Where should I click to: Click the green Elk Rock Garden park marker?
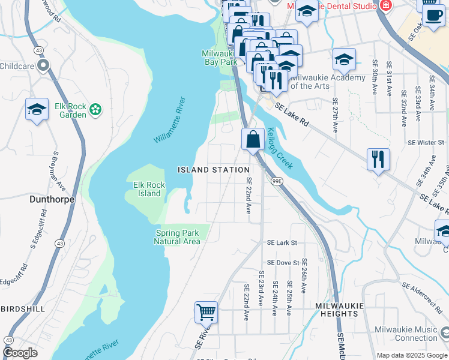[95, 109]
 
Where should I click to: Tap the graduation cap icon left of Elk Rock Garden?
[37, 110]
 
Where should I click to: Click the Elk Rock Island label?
[147, 189]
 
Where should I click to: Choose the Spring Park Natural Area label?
[176, 237]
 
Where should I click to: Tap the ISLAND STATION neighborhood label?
[214, 170]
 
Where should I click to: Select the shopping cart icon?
[206, 311]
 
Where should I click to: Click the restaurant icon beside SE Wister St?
[378, 159]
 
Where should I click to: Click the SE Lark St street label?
[282, 243]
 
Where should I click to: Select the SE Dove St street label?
[283, 263]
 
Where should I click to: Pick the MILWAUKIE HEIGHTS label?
[339, 305]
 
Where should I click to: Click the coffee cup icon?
[433, 15]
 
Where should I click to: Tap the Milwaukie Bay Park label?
[220, 57]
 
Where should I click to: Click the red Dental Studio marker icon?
[385, 5]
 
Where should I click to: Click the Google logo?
[20, 353]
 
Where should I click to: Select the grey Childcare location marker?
[43, 65]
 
